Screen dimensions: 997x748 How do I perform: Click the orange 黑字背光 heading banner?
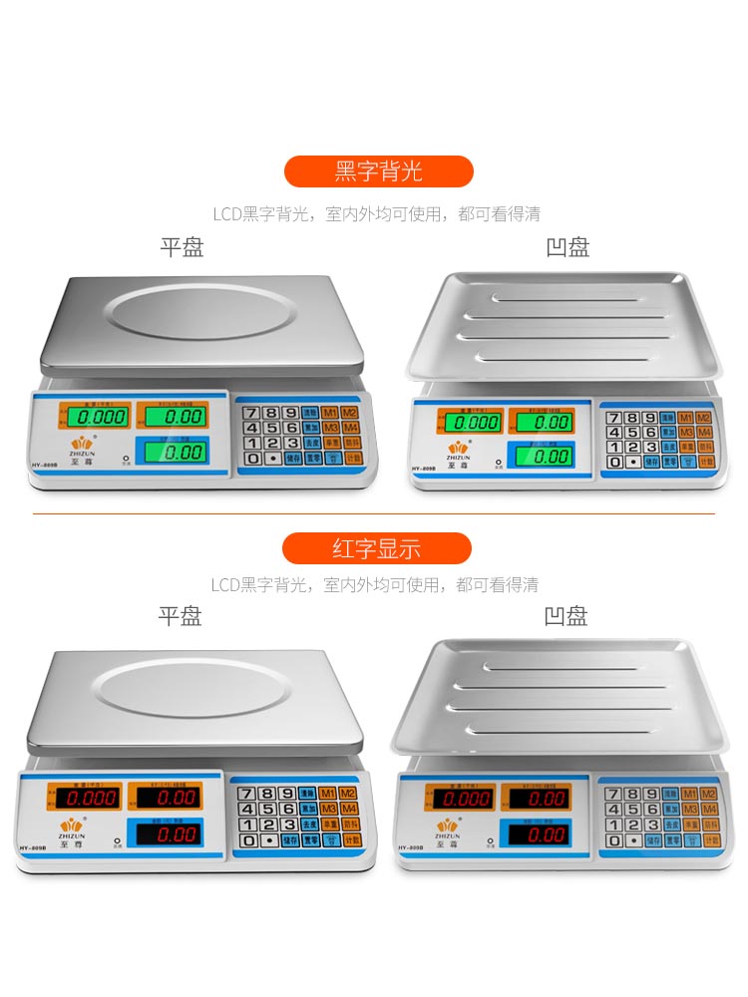(x=378, y=171)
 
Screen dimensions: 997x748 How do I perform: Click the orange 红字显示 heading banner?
(x=376, y=548)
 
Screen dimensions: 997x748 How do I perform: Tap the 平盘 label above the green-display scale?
(x=182, y=247)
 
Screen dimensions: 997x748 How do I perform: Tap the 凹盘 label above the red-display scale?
(x=565, y=616)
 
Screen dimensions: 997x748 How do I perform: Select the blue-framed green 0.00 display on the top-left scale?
(x=182, y=452)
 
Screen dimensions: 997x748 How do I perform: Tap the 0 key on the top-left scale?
(x=253, y=459)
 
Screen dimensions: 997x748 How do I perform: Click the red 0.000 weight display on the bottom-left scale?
(x=88, y=798)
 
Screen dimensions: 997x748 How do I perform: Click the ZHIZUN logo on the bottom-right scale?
(x=446, y=827)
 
